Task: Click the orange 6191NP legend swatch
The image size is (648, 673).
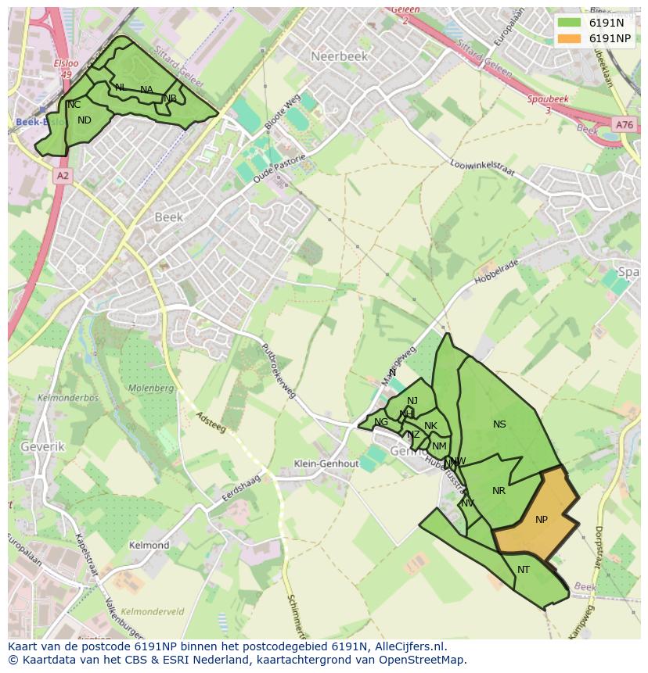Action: tap(569, 38)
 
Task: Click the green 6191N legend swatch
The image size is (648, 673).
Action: tap(569, 22)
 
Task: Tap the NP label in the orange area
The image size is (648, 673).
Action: tap(542, 520)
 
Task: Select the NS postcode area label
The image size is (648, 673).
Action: tap(499, 424)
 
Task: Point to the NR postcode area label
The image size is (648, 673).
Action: tap(499, 491)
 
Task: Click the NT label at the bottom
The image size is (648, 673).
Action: tap(524, 570)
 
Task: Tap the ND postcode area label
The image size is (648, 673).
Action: tap(85, 120)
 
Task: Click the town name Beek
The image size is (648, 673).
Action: tap(168, 217)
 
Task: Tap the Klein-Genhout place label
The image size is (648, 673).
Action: tap(326, 464)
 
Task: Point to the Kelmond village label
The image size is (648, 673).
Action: tap(149, 545)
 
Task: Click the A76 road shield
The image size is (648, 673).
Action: tap(624, 125)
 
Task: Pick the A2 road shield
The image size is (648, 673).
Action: tap(63, 176)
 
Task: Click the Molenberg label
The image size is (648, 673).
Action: tap(150, 388)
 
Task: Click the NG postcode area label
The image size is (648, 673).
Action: tap(381, 422)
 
